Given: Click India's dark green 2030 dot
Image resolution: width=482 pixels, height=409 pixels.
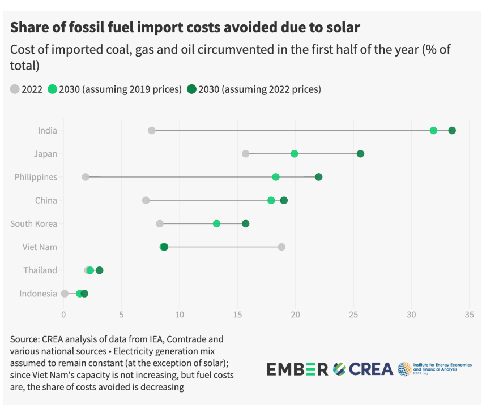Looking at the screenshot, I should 452,131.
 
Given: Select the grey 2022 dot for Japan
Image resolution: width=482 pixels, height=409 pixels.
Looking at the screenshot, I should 245,154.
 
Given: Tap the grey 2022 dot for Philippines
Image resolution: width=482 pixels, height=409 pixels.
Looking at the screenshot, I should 86,177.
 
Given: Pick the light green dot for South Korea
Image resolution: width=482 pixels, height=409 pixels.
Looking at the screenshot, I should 216,223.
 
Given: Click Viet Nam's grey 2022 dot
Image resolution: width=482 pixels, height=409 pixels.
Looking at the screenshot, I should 281,247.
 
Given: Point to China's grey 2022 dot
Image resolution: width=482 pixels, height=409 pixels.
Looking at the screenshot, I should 146,200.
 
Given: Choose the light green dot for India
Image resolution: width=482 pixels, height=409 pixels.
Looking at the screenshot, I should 433,131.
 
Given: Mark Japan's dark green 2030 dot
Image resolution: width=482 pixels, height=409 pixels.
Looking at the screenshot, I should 360,154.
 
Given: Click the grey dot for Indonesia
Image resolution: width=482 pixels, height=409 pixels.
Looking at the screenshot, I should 65,294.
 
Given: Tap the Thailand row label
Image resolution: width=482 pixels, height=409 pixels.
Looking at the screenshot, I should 40,270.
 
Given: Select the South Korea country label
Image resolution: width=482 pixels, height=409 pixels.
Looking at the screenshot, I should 33,223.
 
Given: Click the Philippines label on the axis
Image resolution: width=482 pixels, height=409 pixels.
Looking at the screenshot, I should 36,177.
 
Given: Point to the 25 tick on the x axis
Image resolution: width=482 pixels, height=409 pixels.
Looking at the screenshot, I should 353,315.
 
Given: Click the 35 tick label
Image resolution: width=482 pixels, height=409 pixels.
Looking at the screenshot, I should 469,315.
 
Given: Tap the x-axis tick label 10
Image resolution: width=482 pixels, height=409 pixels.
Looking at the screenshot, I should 179,315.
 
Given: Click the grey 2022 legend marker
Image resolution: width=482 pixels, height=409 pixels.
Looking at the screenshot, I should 15,89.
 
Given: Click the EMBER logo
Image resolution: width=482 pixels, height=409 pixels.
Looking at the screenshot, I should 297,369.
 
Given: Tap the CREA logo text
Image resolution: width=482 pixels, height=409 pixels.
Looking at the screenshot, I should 371,369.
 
